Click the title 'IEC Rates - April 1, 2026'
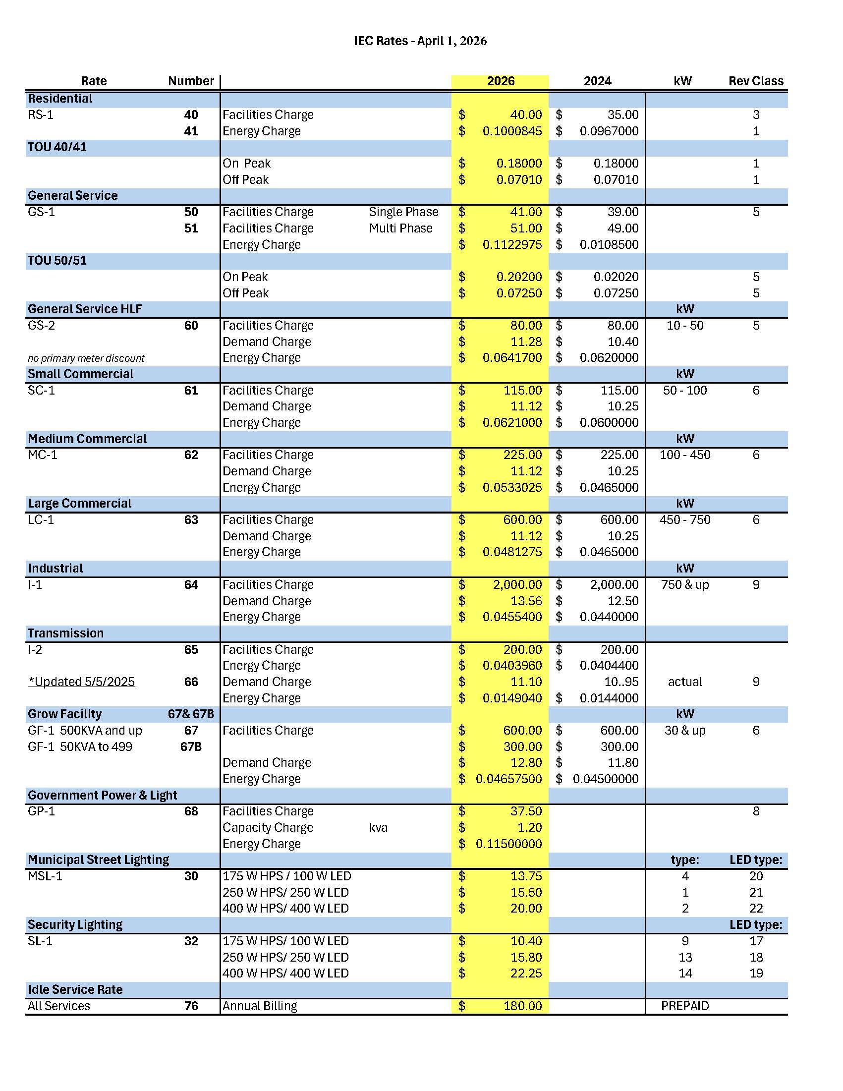tap(420, 41)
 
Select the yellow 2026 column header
tap(501, 81)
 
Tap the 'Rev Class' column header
tap(756, 81)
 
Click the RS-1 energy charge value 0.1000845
tap(512, 131)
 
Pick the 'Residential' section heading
tap(60, 99)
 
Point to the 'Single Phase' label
tap(403, 212)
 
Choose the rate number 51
tap(191, 229)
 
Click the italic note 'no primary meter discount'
tap(86, 358)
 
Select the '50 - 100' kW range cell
tap(685, 391)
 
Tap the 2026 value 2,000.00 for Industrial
tap(517, 585)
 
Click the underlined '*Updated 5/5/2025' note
tap(81, 682)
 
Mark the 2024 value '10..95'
tap(621, 682)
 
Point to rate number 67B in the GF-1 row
tap(191, 747)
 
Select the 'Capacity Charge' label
tap(268, 828)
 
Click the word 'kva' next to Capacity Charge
tap(378, 828)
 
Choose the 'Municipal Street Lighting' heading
tap(99, 860)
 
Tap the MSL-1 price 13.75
tap(526, 876)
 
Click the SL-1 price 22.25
tap(526, 973)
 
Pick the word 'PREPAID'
tap(685, 1006)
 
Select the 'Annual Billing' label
tap(260, 1006)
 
